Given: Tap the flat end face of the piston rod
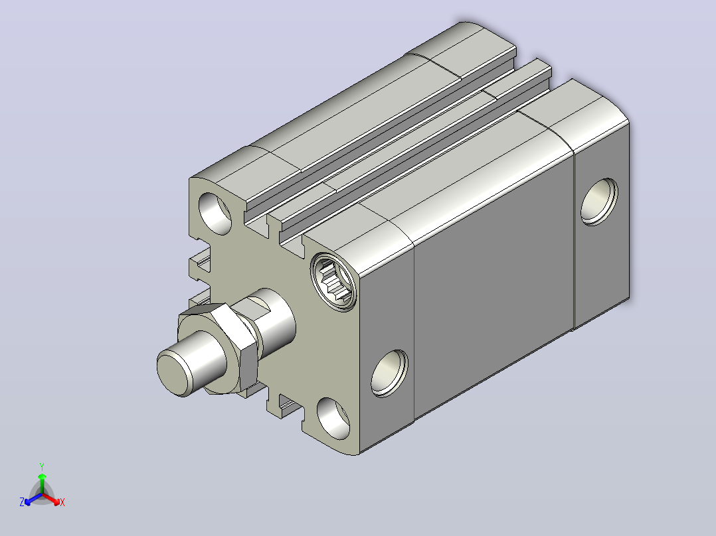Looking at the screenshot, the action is click(x=173, y=371).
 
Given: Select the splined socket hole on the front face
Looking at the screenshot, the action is click(x=334, y=283).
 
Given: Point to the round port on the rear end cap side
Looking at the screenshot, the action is click(x=599, y=202).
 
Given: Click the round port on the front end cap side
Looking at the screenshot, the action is click(x=389, y=373).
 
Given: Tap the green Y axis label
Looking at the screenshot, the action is click(x=42, y=466).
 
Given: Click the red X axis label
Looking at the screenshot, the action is click(x=62, y=502).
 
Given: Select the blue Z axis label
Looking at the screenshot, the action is click(x=22, y=502).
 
